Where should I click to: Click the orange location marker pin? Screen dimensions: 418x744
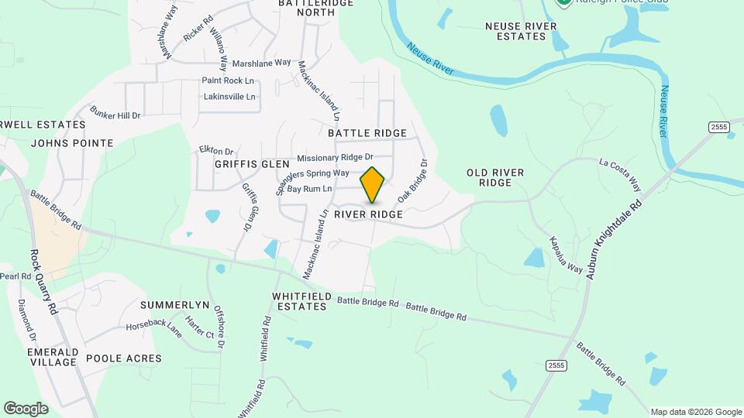372,185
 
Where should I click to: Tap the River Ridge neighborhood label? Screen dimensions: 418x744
368,214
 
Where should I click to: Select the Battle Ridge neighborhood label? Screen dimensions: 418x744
367,133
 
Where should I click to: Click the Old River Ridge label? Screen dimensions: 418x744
495,177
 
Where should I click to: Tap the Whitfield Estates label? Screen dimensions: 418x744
301,302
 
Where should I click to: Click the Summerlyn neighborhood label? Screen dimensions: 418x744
174,305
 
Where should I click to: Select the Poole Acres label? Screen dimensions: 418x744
124,358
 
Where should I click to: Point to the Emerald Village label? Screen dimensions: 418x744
52,357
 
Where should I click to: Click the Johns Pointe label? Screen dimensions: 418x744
72,143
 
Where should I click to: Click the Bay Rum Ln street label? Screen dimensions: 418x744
309,189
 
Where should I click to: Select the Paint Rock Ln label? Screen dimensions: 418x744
228,81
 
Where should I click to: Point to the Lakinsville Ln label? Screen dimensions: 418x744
229,97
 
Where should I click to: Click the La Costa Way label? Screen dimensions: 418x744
620,174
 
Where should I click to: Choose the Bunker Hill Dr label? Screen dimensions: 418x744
115,115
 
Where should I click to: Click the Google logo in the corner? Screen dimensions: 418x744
26,409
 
